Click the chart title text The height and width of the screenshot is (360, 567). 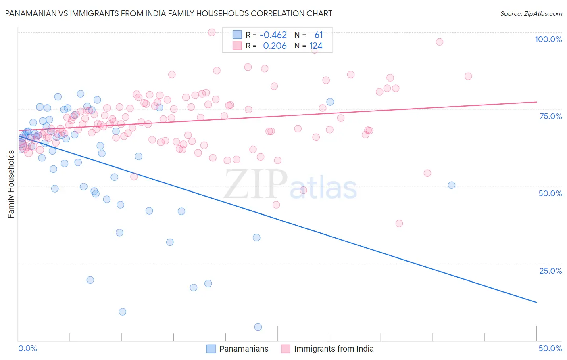point(169,13)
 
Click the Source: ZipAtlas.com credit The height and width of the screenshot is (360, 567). point(531,13)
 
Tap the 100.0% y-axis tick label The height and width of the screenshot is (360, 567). point(548,39)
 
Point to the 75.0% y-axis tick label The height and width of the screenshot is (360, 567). point(550,116)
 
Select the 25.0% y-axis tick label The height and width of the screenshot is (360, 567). point(550,270)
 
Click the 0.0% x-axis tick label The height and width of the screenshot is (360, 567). point(27,348)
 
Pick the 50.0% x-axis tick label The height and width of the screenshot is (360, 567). point(550,348)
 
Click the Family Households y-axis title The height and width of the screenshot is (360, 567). point(11,184)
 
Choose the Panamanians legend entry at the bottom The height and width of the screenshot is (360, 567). point(244,349)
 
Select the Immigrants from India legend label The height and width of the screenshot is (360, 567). point(334,349)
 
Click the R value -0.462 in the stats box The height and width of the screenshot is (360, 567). point(273,35)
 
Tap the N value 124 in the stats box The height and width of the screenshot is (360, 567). point(316,46)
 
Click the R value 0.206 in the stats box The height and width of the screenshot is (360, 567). point(275,46)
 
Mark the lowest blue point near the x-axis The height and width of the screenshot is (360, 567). point(258,327)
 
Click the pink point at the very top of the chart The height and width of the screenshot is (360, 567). point(212,32)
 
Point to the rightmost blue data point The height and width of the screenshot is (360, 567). point(452,185)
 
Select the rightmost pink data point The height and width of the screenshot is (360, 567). point(468,76)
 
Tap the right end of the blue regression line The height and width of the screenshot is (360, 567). point(536,302)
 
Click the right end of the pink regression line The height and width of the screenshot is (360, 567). point(536,102)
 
